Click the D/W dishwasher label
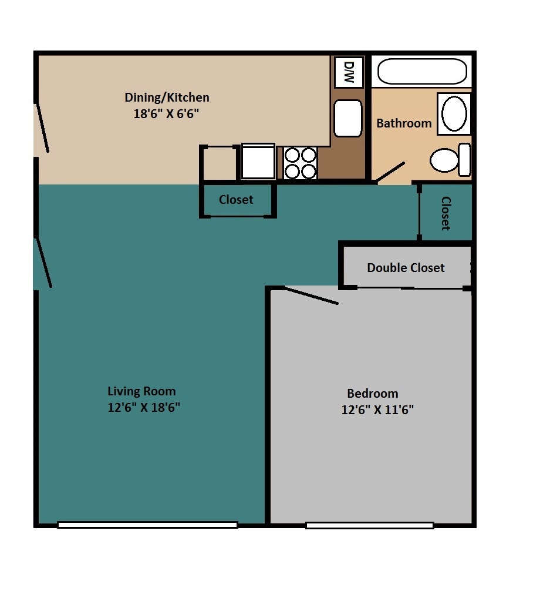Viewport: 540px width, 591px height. [x=349, y=72]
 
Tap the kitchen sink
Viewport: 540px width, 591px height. [x=348, y=117]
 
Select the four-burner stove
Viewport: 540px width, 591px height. [x=301, y=163]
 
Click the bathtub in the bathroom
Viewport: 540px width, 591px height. [x=422, y=72]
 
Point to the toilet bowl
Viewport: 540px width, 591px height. [x=444, y=160]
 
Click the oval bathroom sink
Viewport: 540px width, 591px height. [x=454, y=114]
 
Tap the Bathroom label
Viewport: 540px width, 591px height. [x=404, y=123]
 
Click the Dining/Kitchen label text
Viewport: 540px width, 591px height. [x=167, y=98]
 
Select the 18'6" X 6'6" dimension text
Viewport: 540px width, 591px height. [x=167, y=114]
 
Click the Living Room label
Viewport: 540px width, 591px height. [x=141, y=391]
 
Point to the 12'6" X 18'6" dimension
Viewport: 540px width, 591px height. [x=144, y=408]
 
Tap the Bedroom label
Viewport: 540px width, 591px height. [x=372, y=394]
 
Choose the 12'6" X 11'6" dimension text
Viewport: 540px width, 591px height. [x=377, y=410]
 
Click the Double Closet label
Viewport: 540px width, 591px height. [x=406, y=268]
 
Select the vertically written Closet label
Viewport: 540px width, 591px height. [x=446, y=213]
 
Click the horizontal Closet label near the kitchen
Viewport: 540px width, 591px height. [x=236, y=200]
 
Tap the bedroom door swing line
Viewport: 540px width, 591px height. [x=311, y=295]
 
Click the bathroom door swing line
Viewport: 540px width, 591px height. [x=390, y=172]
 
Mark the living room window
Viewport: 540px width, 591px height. [x=147, y=525]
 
